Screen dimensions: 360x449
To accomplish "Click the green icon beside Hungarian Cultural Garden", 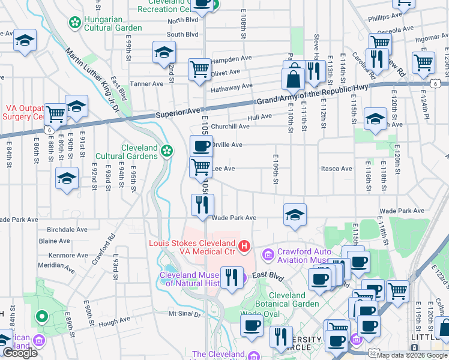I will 75,23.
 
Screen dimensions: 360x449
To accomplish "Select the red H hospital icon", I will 244,246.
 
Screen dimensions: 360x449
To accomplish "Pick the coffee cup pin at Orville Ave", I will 201,146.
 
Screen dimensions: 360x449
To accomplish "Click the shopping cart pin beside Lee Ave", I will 201,167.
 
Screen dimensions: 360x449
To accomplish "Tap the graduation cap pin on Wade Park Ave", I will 295,214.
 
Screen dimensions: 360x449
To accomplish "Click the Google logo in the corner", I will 20,353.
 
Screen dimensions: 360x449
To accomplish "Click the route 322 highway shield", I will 374,354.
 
